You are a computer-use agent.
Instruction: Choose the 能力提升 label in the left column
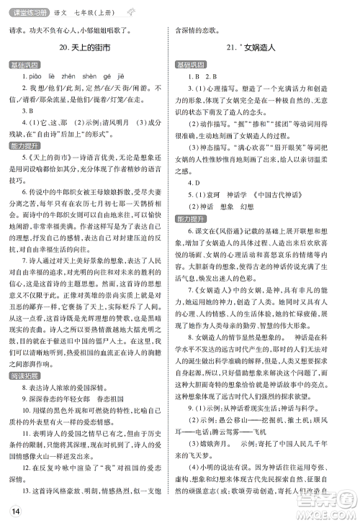click(23, 165)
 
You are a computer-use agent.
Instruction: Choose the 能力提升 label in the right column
click(192, 217)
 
